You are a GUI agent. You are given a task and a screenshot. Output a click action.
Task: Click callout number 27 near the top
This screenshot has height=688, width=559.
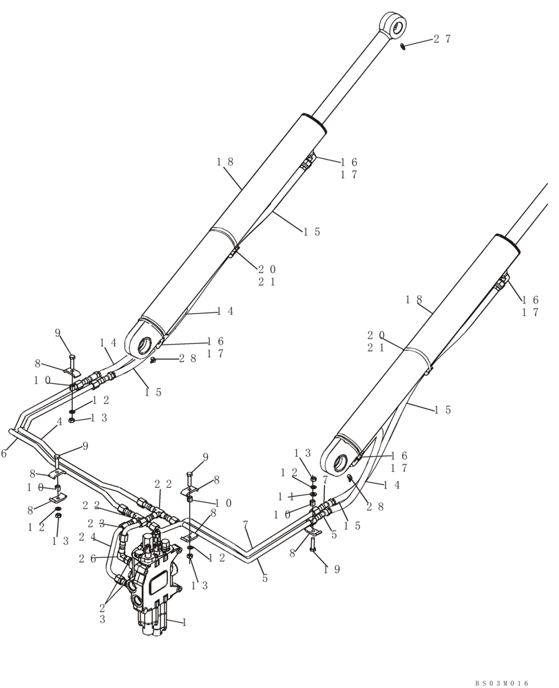tap(442, 39)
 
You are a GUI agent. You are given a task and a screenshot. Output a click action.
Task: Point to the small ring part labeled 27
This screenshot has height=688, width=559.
tap(403, 46)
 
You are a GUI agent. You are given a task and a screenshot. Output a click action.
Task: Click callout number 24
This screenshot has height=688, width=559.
tap(87, 537)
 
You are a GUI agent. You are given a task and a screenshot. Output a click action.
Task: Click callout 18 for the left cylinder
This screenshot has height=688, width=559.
tap(225, 162)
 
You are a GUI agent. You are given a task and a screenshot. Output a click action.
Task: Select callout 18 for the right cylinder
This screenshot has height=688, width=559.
tap(413, 299)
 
